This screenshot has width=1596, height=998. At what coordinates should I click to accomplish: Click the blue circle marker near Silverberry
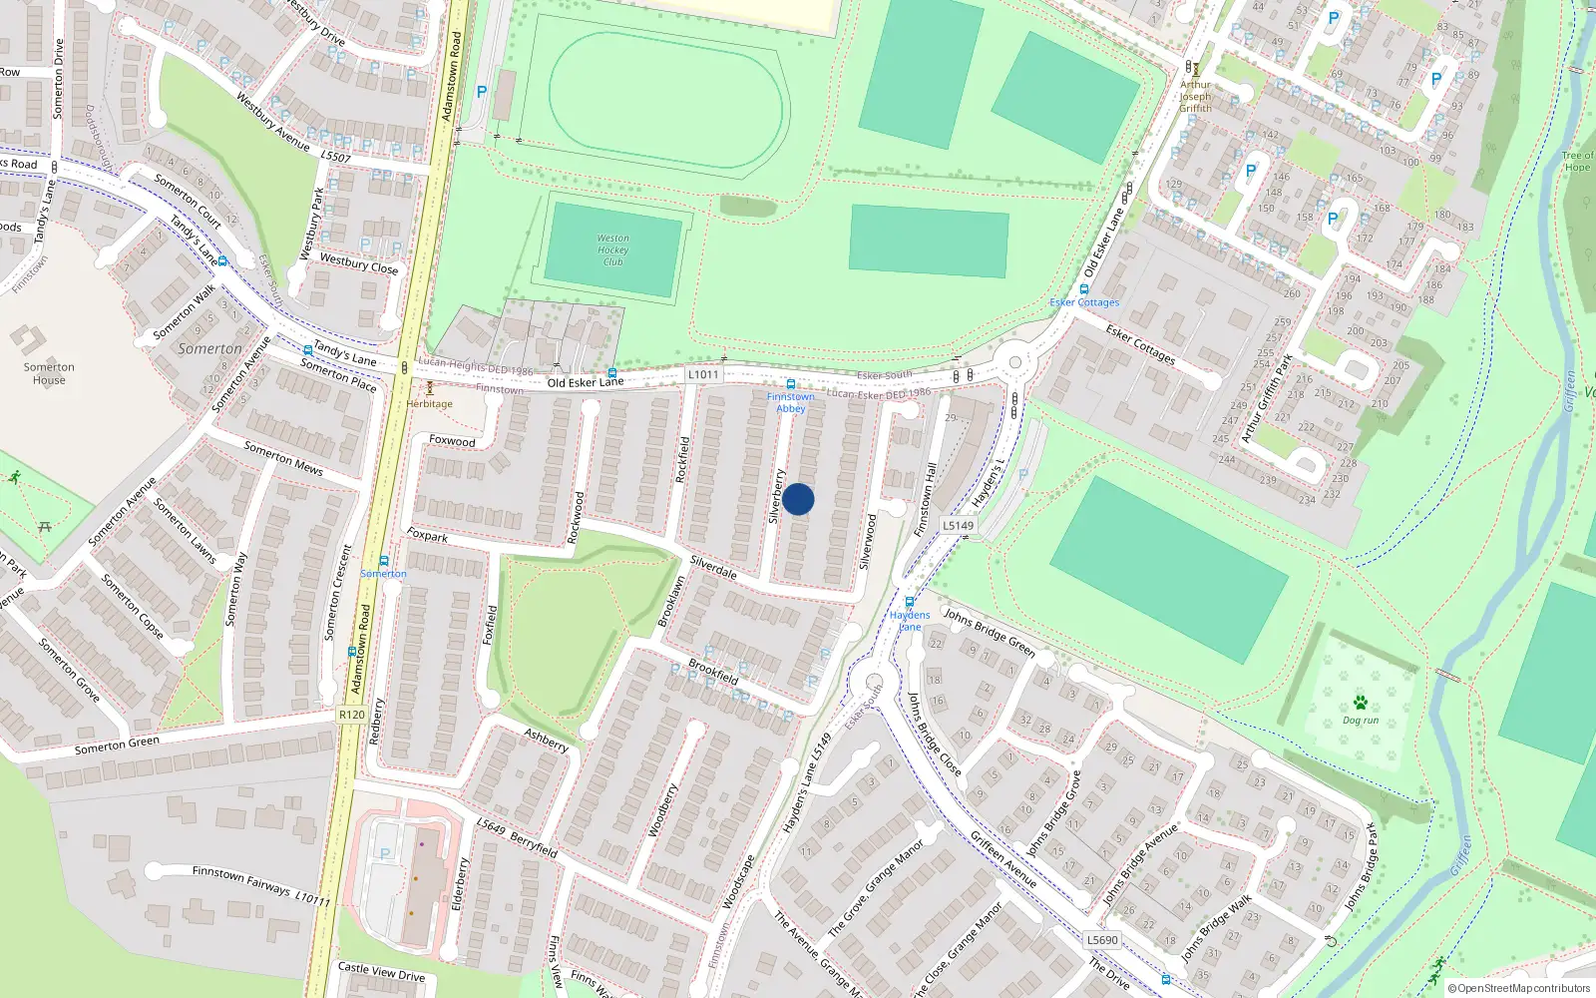(798, 499)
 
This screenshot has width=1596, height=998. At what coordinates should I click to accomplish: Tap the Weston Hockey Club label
(612, 249)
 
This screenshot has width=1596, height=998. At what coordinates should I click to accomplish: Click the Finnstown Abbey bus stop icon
(790, 384)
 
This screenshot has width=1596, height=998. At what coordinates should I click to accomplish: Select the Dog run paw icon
(1361, 703)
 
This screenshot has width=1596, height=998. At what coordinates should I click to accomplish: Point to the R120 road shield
(351, 715)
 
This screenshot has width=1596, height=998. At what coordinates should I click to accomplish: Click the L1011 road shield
(703, 374)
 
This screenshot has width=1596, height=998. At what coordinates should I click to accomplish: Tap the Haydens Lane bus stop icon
(909, 602)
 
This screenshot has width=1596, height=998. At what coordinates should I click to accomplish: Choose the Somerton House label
(49, 373)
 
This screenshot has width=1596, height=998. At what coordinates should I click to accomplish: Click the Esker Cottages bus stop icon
(1084, 289)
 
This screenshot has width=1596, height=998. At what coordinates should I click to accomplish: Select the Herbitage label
(429, 404)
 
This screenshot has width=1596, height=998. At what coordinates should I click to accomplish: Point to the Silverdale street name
(713, 567)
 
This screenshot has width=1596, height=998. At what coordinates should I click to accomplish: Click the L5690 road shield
(1102, 940)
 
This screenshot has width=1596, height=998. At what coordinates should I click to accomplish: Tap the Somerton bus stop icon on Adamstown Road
(383, 561)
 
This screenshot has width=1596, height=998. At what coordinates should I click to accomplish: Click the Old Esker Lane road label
(585, 382)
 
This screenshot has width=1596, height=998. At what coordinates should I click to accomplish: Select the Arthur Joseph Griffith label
(1195, 96)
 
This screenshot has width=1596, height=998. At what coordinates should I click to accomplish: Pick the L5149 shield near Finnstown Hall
(958, 525)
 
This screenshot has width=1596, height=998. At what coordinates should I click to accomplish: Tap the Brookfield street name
(713, 671)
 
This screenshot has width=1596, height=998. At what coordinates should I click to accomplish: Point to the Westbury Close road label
(358, 263)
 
